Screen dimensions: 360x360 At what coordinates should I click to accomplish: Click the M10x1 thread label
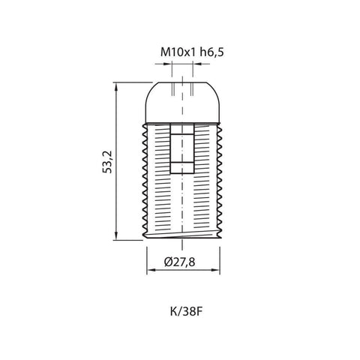pos(176,52)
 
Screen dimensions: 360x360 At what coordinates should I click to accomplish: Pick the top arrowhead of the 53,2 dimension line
pos(117,87)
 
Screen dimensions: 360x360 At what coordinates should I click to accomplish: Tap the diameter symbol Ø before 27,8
pos(167,262)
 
